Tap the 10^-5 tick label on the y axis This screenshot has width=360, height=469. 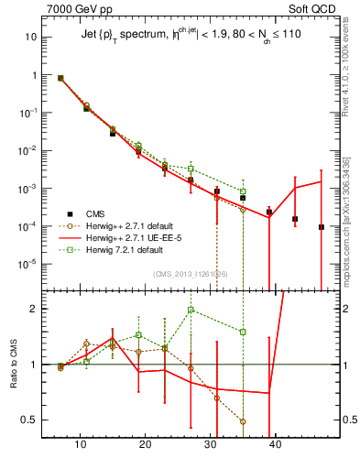tap(27, 264)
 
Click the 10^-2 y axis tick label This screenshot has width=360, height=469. tap(27, 150)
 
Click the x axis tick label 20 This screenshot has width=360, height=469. tap(146, 444)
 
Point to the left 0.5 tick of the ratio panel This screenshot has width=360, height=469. tap(29, 420)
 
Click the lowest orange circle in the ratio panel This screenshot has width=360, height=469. tap(243, 421)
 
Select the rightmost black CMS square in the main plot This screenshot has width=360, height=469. tap(322, 227)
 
